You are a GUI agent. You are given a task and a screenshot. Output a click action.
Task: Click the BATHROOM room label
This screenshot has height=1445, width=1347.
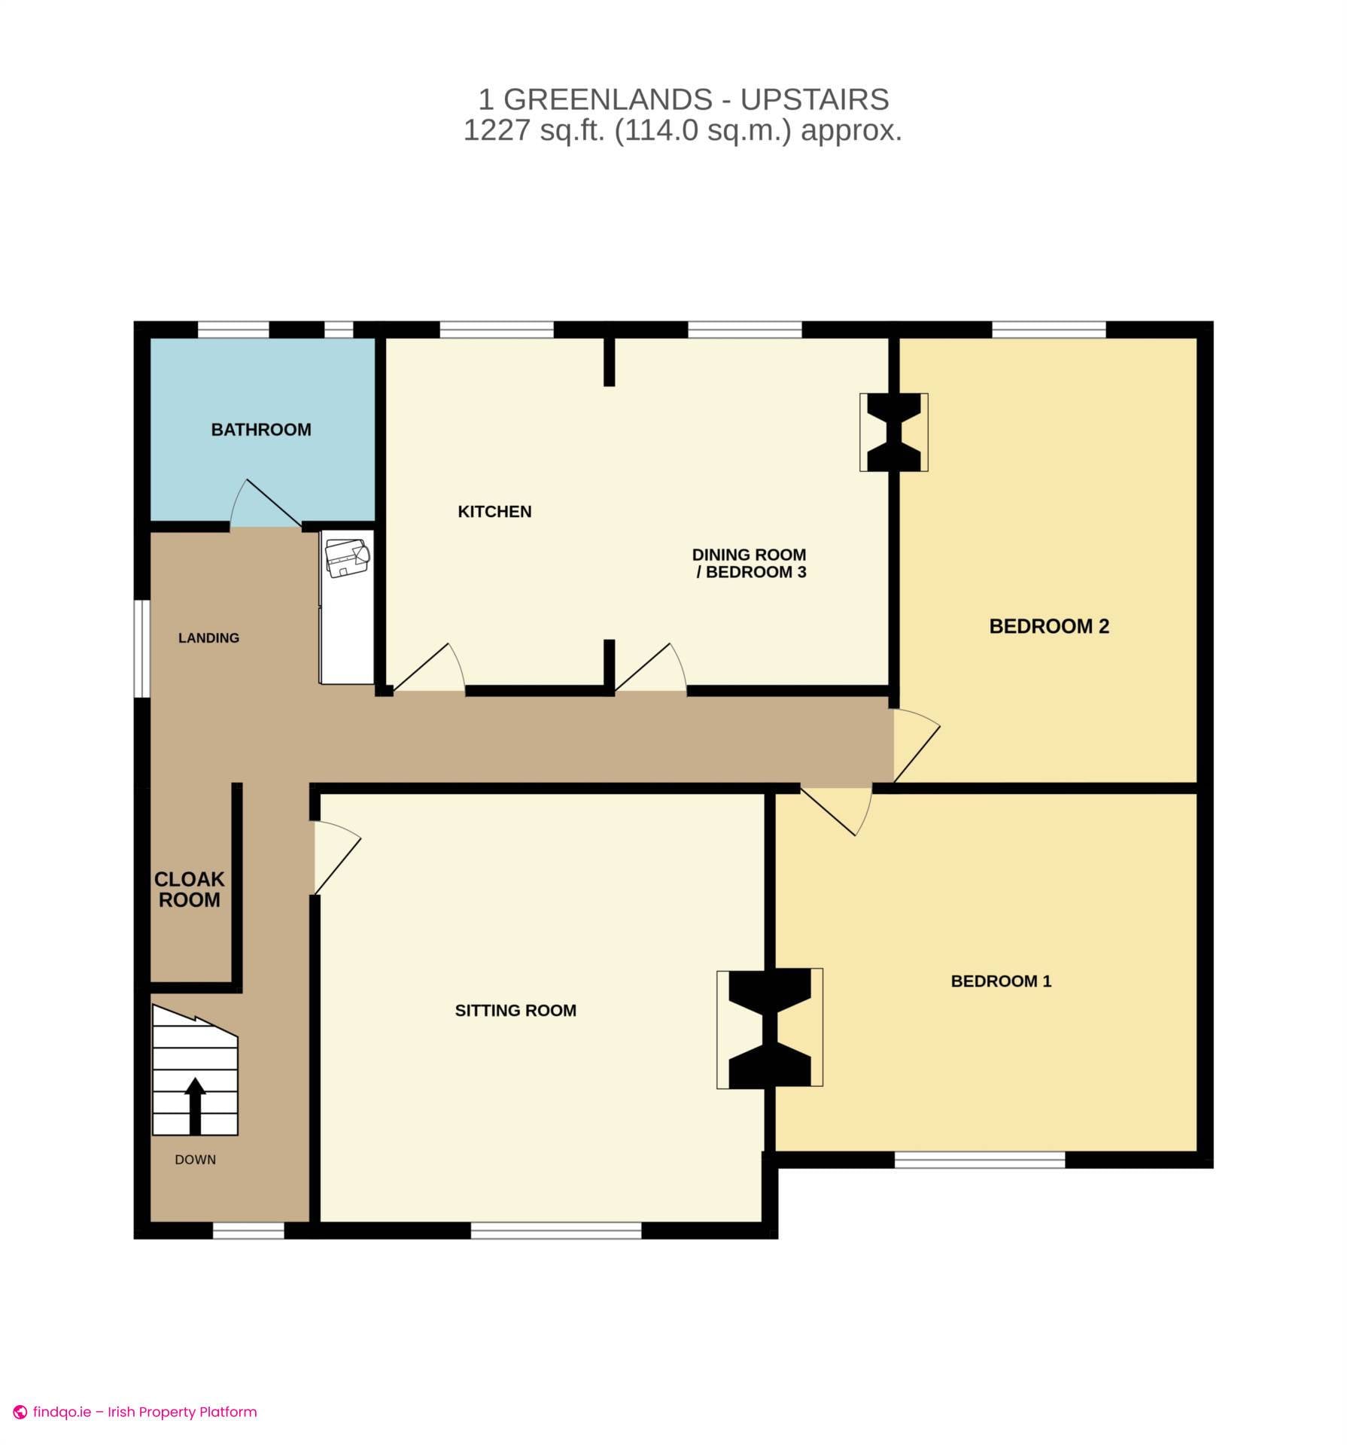(x=261, y=430)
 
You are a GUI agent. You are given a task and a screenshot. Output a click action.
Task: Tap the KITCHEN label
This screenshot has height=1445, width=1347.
(x=494, y=512)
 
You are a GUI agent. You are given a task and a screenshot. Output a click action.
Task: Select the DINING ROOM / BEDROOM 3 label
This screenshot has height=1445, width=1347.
(x=750, y=564)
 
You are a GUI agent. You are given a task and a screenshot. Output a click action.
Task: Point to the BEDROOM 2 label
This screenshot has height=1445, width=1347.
(x=1049, y=626)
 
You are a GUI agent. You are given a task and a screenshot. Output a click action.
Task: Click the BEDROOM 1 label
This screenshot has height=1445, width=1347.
(x=1001, y=981)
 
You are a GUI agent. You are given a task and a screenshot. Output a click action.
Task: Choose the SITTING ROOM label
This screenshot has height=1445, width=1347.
(x=515, y=1011)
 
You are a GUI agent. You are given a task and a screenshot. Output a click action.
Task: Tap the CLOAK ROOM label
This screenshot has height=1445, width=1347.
(x=189, y=890)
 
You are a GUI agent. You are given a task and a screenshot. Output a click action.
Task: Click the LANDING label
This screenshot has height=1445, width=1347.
(x=208, y=638)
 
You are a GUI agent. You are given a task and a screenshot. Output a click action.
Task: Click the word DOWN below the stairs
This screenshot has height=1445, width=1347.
(x=195, y=1160)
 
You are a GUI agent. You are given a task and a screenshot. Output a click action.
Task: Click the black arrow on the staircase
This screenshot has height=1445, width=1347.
(x=195, y=1104)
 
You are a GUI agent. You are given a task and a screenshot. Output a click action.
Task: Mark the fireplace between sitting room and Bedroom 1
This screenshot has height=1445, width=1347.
(x=770, y=1027)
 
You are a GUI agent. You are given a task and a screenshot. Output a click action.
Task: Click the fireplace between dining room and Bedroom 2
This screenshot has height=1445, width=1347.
(x=893, y=433)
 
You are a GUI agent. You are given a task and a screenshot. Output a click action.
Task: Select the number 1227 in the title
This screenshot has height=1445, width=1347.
(x=497, y=131)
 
